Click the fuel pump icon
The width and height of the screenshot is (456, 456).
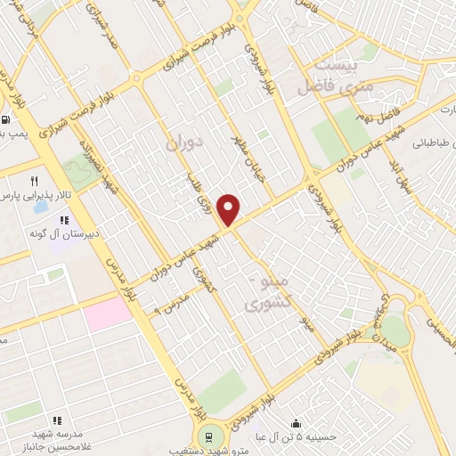(7, 120)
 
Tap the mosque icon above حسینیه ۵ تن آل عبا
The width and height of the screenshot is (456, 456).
(296, 423)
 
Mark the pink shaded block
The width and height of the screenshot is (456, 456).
(109, 312)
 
